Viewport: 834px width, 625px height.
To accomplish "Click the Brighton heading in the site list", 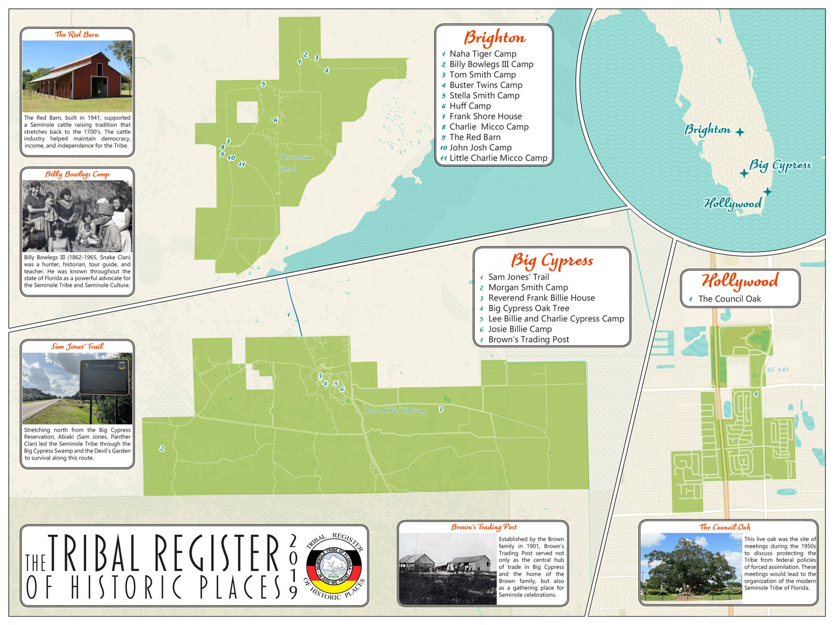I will (494, 38).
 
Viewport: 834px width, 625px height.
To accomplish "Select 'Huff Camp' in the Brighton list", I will (470, 106).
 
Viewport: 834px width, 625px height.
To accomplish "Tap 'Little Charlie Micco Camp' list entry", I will (498, 158).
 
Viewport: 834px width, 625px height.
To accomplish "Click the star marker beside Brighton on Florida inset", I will (740, 132).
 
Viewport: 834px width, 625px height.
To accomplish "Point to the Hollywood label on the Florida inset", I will (732, 203).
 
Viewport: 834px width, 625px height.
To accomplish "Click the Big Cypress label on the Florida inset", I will (780, 166).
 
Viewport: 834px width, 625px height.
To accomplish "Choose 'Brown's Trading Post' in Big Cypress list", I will (528, 340).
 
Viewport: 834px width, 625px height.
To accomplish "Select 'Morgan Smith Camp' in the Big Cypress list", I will (528, 287).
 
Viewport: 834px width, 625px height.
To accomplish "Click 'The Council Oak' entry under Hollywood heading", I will (729, 299).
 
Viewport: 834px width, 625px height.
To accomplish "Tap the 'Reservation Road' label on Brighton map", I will (296, 162).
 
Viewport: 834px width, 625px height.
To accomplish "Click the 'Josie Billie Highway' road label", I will (395, 410).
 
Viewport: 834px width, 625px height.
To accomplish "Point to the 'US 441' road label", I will (778, 370).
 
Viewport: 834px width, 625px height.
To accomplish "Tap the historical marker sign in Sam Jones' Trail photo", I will (104, 377).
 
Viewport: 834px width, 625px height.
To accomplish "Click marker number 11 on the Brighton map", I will (241, 165).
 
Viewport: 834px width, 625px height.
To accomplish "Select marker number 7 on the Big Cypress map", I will (441, 409).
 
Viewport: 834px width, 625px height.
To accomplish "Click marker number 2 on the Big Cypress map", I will (162, 448).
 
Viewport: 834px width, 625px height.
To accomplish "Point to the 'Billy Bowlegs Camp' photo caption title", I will (77, 174).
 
